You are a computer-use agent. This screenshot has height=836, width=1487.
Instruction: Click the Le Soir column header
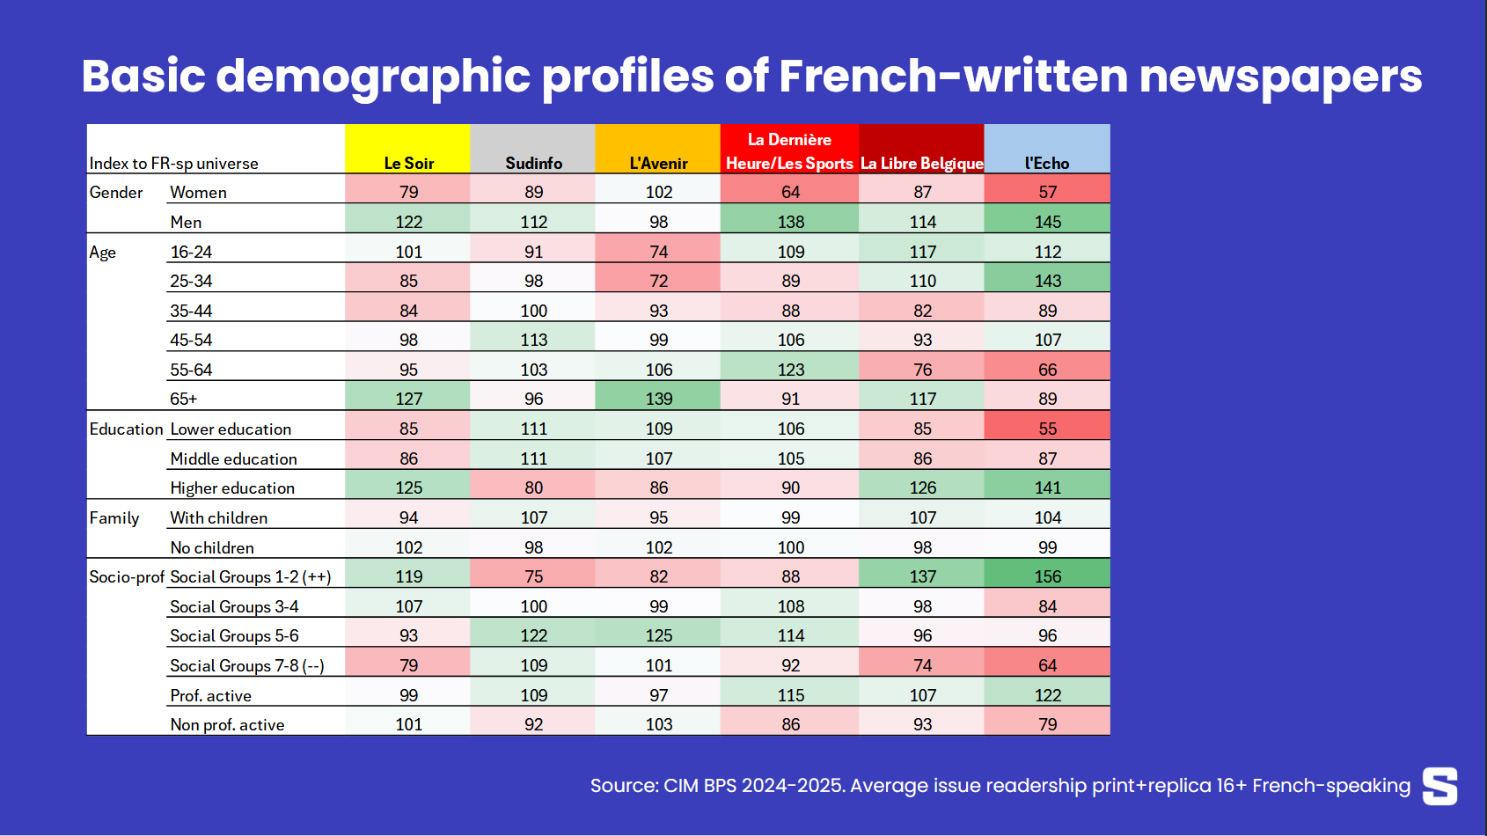[408, 163]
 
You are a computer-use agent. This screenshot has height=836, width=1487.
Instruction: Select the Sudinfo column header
[533, 163]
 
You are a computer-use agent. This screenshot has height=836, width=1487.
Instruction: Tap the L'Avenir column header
[658, 163]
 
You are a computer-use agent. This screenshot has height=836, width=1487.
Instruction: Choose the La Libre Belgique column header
[921, 163]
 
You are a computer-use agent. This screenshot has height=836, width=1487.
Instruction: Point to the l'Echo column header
[1047, 163]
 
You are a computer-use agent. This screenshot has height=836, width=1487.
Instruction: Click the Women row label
[198, 192]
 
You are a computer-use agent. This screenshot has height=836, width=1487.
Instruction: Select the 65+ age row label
[183, 399]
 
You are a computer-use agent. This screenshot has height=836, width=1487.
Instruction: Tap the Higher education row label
[232, 488]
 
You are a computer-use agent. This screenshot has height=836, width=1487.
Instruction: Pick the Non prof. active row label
[227, 724]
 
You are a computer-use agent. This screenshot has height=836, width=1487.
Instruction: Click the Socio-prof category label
[127, 576]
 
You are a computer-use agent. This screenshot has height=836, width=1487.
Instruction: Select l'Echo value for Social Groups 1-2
[1047, 576]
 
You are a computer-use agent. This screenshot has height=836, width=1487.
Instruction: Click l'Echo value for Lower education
[1047, 429]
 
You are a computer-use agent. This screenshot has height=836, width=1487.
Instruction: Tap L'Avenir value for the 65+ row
[658, 399]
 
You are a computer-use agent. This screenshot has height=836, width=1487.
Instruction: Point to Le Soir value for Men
[408, 222]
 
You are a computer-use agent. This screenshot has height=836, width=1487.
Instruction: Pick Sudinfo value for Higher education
[533, 488]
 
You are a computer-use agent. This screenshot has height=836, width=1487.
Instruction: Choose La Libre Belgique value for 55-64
[922, 370]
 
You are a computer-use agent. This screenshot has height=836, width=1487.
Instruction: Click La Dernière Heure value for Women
[790, 192]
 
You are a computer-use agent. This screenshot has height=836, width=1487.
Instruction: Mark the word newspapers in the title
[1280, 77]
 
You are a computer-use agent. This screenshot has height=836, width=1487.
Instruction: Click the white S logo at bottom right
[1439, 786]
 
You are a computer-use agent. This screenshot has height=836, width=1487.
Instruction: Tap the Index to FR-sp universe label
[173, 163]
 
